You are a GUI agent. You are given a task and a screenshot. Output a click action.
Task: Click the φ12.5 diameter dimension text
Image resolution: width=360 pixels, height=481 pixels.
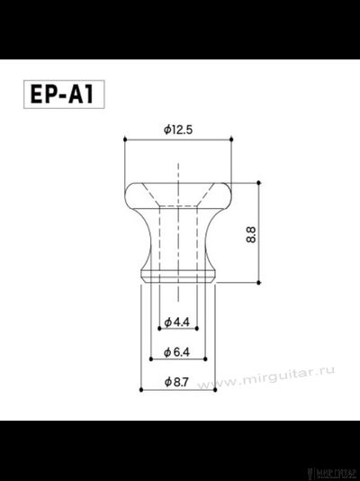point(179,130)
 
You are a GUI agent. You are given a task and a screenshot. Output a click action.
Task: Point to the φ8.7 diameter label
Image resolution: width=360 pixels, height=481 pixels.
point(178,383)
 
